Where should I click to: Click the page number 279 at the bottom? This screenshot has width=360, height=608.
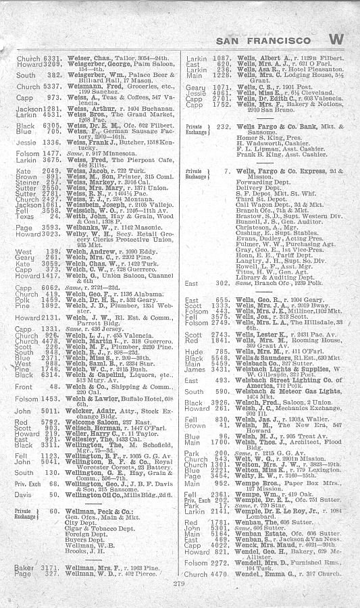pyautogui.click(x=178, y=582)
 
